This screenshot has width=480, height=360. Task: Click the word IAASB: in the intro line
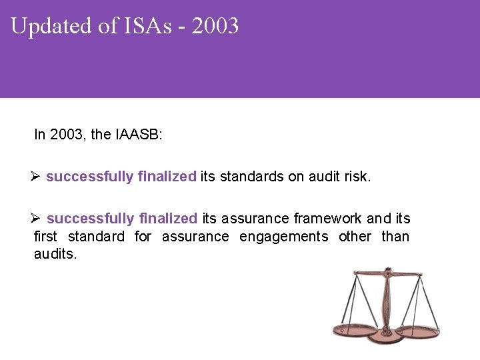(139, 135)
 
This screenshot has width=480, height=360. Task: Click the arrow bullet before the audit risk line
(37, 177)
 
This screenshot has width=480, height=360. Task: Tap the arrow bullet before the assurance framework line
(37, 218)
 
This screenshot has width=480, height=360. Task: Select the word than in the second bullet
(395, 236)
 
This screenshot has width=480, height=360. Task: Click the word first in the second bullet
(45, 236)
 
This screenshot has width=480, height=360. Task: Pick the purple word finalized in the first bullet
(167, 177)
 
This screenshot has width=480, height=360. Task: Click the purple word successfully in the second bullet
(89, 218)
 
